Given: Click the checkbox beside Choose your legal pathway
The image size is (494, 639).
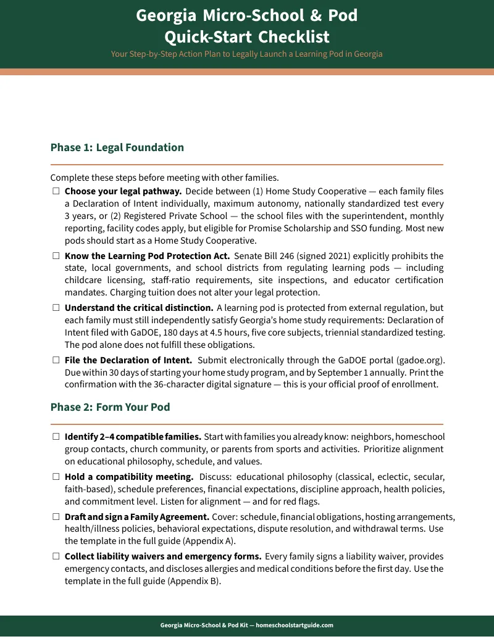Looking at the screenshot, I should pos(56,192).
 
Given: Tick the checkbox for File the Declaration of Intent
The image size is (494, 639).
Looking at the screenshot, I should pos(56,360).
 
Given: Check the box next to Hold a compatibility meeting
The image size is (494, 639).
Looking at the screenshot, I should pos(56,477).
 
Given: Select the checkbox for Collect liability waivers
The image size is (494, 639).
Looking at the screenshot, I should pos(56,557).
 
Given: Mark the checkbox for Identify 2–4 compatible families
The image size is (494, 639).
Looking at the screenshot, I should pos(56,437).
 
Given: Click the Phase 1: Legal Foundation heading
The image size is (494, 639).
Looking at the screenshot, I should pos(117,147).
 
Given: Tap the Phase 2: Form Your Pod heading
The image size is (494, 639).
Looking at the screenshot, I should pos(110,407).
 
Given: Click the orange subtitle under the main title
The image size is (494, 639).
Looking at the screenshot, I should pos(246,54).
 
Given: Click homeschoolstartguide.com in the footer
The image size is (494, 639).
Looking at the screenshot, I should pos(295,625).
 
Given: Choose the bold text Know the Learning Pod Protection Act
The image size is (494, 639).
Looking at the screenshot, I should pos(147,256).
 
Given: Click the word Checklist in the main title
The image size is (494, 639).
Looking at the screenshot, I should pos(294,36).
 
